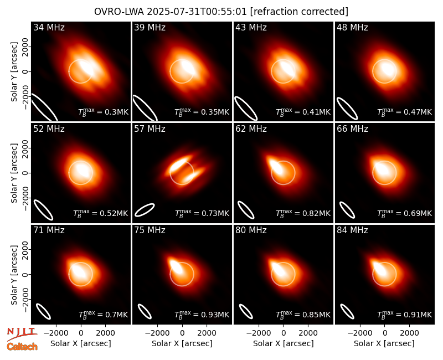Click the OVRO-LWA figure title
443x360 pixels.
(x=221, y=12)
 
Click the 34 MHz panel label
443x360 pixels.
(x=49, y=27)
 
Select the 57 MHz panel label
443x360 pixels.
(x=150, y=129)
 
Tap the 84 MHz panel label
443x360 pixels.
(x=352, y=230)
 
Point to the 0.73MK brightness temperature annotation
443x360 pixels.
(x=202, y=213)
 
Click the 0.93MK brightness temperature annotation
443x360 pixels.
(x=202, y=315)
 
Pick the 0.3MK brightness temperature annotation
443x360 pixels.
(x=104, y=112)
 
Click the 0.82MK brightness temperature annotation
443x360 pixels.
(x=303, y=213)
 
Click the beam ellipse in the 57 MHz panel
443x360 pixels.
(x=145, y=210)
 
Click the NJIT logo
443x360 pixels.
(x=22, y=333)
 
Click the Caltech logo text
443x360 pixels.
(x=22, y=347)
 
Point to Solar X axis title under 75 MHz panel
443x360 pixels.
(x=182, y=343)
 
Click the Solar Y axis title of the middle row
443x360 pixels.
(x=14, y=173)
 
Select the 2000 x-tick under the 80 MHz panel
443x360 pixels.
(x=308, y=333)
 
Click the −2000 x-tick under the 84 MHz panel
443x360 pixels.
(x=359, y=333)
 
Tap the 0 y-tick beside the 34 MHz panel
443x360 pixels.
(x=25, y=71)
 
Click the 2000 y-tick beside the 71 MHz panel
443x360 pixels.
(x=25, y=250)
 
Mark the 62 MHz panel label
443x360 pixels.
(x=251, y=129)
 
